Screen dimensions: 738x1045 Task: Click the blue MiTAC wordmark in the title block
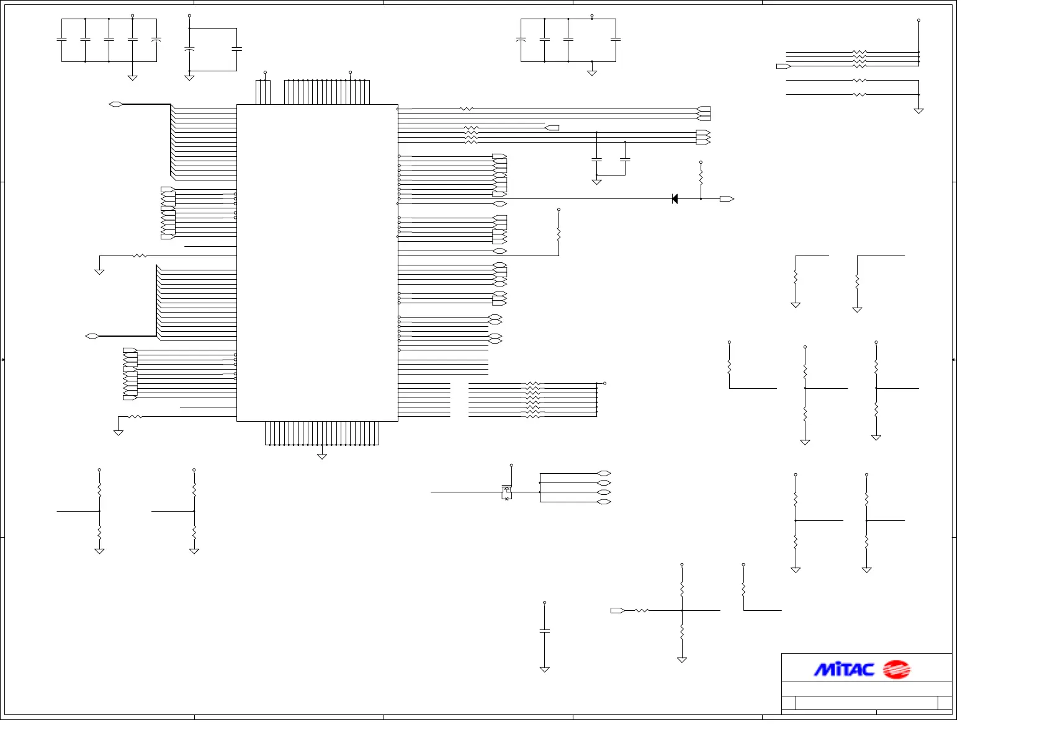coord(844,669)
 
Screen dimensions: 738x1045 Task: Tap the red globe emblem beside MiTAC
coord(896,669)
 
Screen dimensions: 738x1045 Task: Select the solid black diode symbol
coord(675,199)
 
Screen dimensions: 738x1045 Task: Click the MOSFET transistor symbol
coord(506,492)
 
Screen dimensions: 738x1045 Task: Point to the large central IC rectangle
coord(317,263)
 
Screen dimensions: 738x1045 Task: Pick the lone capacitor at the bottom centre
coord(544,631)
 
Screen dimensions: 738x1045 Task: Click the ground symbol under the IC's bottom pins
coord(321,456)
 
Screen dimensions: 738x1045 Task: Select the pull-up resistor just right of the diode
coord(701,176)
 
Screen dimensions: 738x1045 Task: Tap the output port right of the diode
coord(727,199)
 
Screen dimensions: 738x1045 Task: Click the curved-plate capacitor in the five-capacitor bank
coord(156,40)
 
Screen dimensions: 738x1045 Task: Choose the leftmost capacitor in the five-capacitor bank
coord(61,40)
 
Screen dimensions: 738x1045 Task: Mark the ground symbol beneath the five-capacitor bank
coord(132,78)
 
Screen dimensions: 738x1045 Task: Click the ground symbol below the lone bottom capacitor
coord(544,669)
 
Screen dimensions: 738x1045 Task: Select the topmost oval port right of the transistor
coord(604,474)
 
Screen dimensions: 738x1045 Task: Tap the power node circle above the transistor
coord(511,465)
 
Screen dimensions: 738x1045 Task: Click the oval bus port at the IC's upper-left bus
coord(115,104)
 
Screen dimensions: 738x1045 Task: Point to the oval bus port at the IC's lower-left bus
coord(92,336)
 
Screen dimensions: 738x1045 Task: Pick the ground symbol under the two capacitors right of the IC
coord(596,182)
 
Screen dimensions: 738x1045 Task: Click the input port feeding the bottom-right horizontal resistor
coord(617,611)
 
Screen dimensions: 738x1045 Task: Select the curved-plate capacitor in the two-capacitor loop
coord(190,48)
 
